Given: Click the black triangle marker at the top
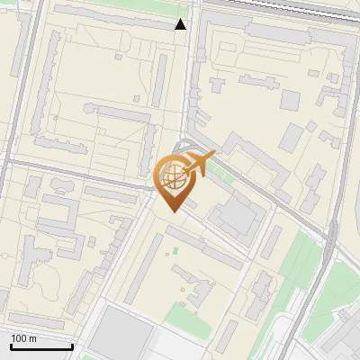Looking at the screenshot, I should [x=181, y=24].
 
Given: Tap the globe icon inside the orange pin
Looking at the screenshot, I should [x=172, y=175].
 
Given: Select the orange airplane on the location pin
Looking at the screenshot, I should [x=198, y=165].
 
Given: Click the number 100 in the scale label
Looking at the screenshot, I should [x=19, y=338].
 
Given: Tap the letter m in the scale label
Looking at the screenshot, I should [x=32, y=338].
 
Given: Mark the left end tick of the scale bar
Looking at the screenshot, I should [x=11, y=346].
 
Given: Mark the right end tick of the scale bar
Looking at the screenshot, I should [x=72, y=346].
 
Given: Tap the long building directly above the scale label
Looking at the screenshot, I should [x=36, y=321].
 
